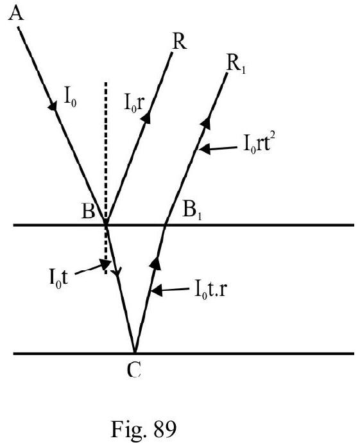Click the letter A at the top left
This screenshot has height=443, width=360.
(16, 13)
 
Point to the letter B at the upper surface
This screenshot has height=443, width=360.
(89, 211)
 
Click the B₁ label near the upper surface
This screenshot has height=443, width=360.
(193, 211)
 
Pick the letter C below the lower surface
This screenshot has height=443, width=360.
(134, 370)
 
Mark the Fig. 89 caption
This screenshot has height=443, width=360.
(144, 429)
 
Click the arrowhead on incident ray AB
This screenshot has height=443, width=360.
(53, 106)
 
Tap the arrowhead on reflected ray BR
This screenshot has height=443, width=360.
(147, 117)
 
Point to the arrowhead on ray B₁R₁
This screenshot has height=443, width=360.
(207, 123)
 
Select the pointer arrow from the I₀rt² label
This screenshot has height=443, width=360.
(218, 148)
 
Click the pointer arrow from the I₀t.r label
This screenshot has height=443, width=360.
(170, 290)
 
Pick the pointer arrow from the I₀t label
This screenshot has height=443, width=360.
(92, 267)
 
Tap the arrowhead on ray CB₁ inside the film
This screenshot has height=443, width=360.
(155, 263)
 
